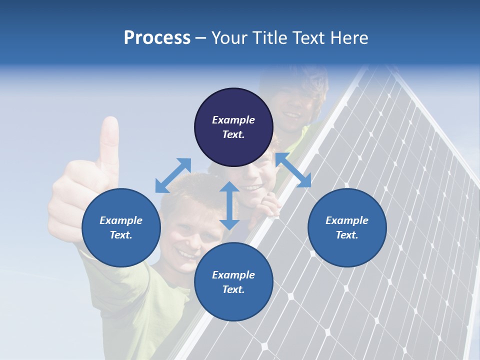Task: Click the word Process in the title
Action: pyautogui.click(x=157, y=38)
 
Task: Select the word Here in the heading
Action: pyautogui.click(x=348, y=38)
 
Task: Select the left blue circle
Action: pyautogui.click(x=121, y=227)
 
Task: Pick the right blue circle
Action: pyautogui.click(x=347, y=227)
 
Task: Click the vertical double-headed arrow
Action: pyautogui.click(x=229, y=205)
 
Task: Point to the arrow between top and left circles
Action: pyautogui.click(x=173, y=175)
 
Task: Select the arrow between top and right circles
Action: pyautogui.click(x=293, y=170)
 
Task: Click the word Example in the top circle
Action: pyautogui.click(x=233, y=120)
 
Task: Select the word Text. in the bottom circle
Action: pyautogui.click(x=233, y=289)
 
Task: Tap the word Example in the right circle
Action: pyautogui.click(x=347, y=220)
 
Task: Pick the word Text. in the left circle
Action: pyautogui.click(x=121, y=235)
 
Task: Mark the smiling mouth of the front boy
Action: pyautogui.click(x=187, y=254)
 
